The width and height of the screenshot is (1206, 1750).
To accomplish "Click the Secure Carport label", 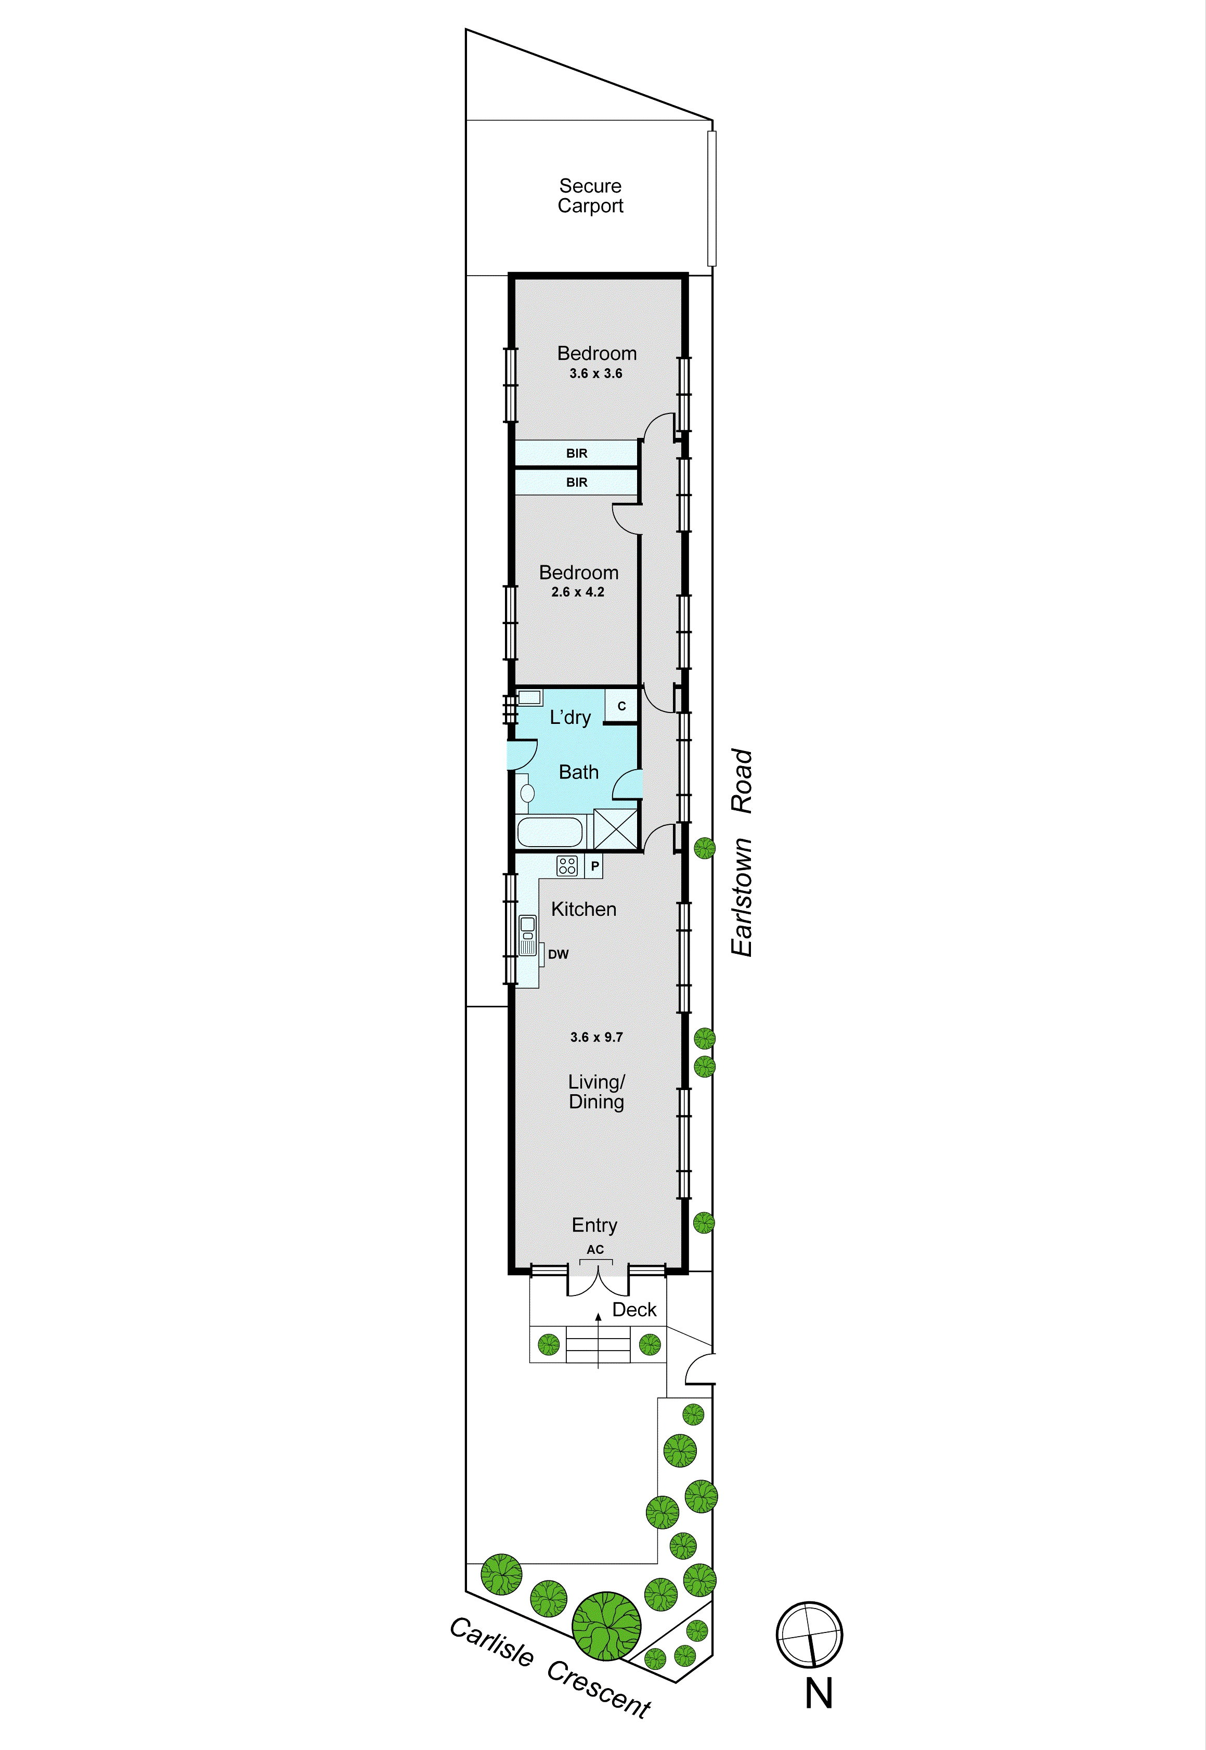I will coord(590,196).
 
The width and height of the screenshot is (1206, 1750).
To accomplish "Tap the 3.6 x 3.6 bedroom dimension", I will coord(595,373).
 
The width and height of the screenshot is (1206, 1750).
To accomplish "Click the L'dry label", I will coord(570,717).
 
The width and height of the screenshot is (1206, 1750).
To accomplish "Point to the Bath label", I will coord(578,772).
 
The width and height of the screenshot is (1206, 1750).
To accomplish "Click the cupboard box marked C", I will coord(621,706).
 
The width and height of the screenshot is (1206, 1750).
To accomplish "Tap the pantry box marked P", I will coord(595,866).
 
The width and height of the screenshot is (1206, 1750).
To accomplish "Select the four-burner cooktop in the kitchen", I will coord(567,866).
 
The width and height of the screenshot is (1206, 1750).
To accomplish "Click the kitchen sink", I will coord(527,929).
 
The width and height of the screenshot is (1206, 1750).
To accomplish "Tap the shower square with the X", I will coord(615,829).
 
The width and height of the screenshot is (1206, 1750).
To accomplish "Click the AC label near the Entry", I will coord(595,1250).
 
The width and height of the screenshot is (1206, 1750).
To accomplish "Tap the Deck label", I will coord(634,1310).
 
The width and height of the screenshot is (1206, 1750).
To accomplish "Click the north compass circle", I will coord(809,1635).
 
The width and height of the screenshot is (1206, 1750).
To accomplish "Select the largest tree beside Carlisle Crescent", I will coord(606,1626).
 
